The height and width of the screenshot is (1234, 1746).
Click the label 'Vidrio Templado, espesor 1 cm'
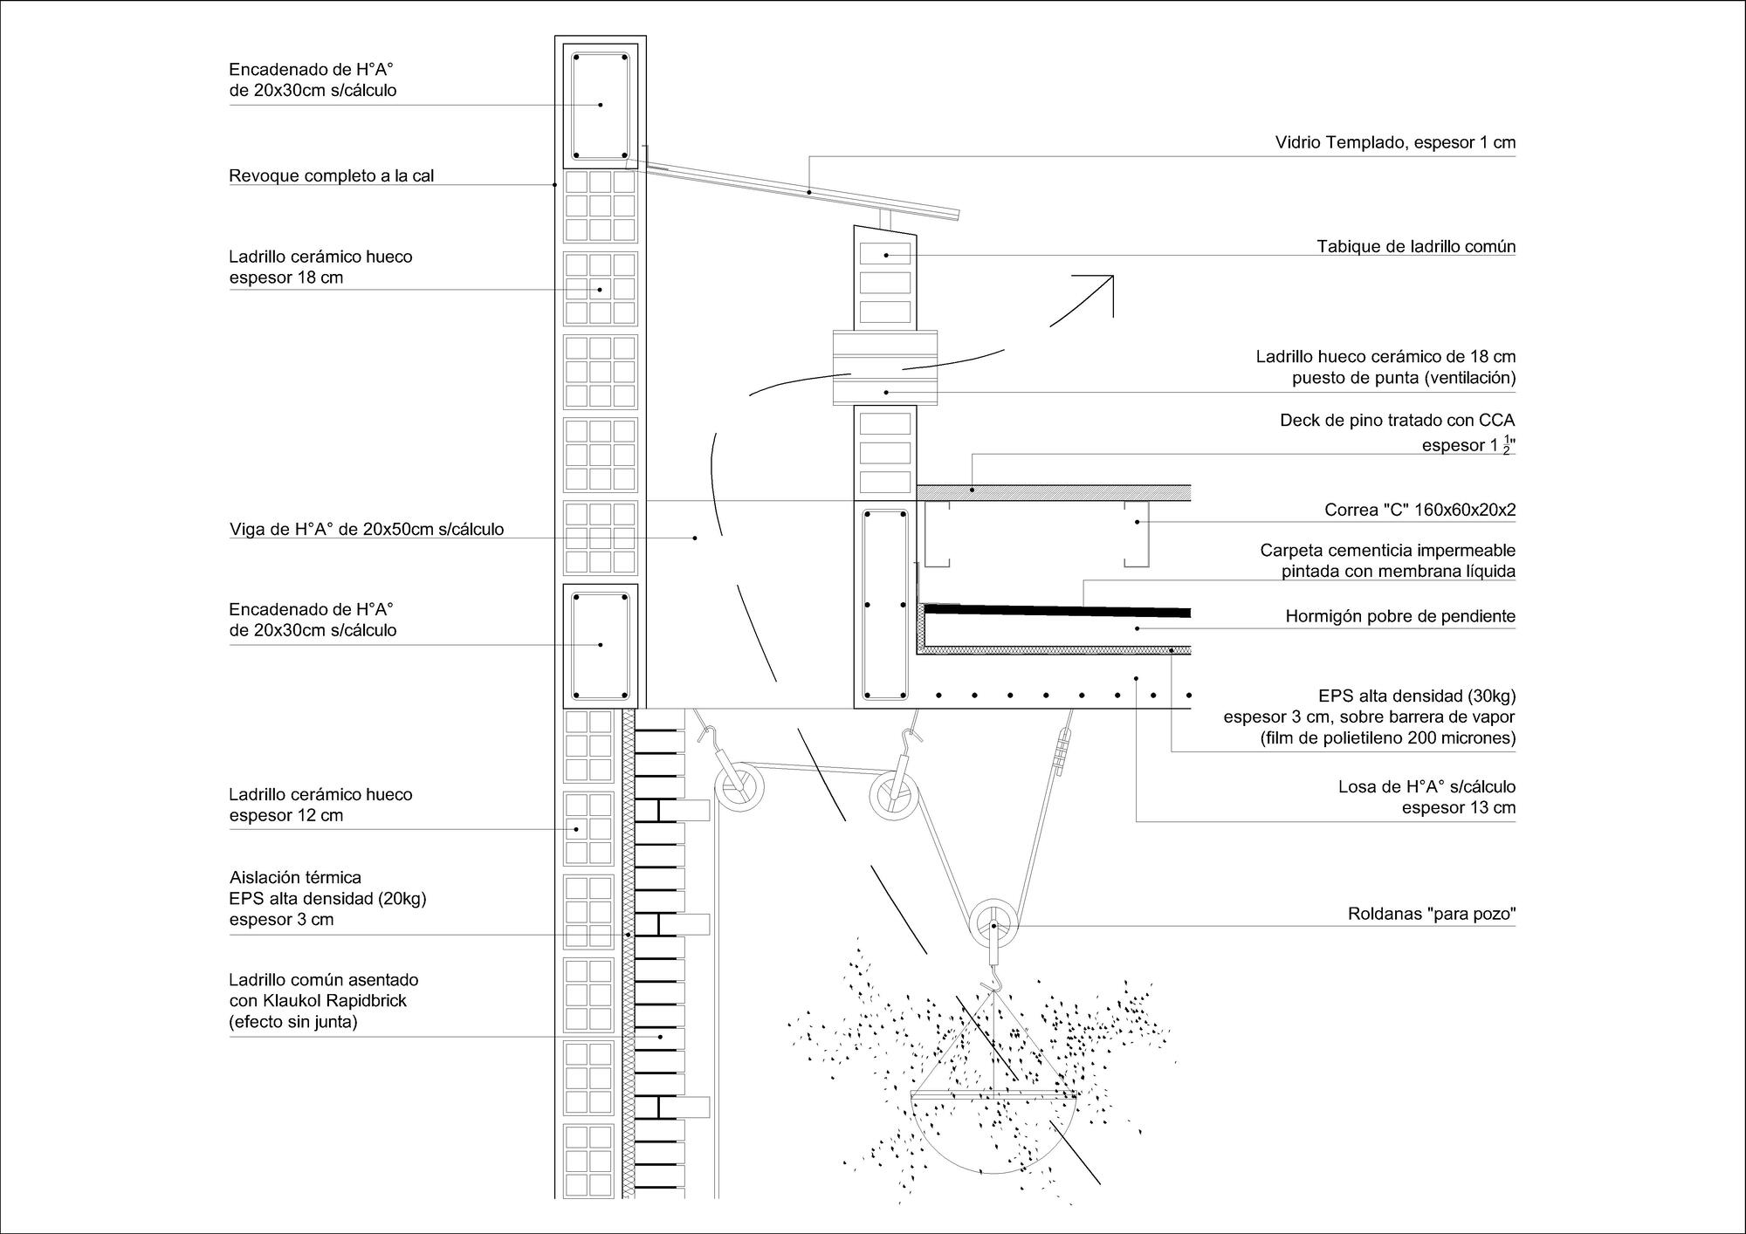(1395, 142)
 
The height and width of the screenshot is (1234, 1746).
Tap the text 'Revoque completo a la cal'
(331, 175)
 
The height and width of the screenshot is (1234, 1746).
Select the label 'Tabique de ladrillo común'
(1416, 246)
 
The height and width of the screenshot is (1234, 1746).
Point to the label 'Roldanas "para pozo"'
(1432, 915)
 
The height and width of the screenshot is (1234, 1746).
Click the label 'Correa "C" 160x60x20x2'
(1419, 510)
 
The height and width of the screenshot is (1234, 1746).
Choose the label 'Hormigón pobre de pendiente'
(1400, 616)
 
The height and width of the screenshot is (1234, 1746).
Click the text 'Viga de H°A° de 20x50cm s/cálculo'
(367, 529)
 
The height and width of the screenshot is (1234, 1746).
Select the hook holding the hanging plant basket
(992, 986)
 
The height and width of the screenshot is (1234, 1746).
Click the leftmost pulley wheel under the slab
(739, 788)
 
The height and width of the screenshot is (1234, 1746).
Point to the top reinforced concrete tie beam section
(600, 105)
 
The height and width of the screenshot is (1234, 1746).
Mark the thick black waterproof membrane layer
(1056, 610)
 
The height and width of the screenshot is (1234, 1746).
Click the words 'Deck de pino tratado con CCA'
(1397, 421)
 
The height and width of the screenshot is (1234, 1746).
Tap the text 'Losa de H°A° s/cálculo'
(1426, 786)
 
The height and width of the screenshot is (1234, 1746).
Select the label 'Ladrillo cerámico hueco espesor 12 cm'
(320, 805)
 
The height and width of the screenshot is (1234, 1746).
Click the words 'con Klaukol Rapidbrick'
(318, 1001)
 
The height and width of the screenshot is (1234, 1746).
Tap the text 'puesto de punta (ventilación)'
(1404, 378)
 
